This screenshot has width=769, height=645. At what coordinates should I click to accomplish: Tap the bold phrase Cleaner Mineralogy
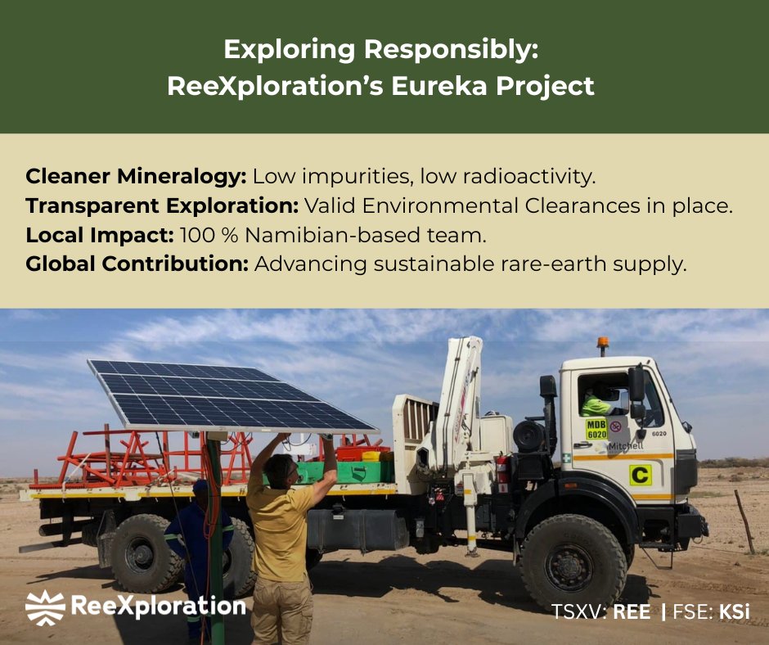point(136,176)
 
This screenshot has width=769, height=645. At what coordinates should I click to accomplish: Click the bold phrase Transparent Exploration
point(162,206)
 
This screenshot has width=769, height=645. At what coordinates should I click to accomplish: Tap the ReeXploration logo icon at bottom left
point(45,607)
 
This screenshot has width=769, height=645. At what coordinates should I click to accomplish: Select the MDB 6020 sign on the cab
point(596,428)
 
